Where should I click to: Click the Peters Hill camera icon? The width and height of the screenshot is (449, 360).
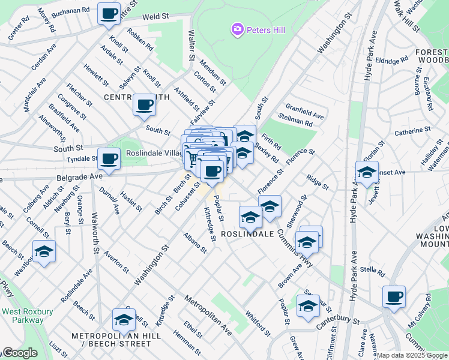[238, 29]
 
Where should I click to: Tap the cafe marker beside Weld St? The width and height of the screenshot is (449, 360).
[109, 13]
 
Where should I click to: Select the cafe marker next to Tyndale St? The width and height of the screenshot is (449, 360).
[109, 159]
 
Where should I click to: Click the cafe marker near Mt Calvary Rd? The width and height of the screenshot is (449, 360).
[394, 296]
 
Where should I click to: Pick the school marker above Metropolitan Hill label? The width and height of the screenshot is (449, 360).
[124, 320]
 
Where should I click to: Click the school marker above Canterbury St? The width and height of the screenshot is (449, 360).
[308, 305]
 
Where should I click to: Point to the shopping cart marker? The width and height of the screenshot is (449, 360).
[192, 159]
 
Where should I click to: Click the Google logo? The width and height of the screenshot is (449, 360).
[19, 353]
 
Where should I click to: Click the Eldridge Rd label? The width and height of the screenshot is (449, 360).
[391, 61]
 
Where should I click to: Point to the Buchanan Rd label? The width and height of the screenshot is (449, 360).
[70, 11]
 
